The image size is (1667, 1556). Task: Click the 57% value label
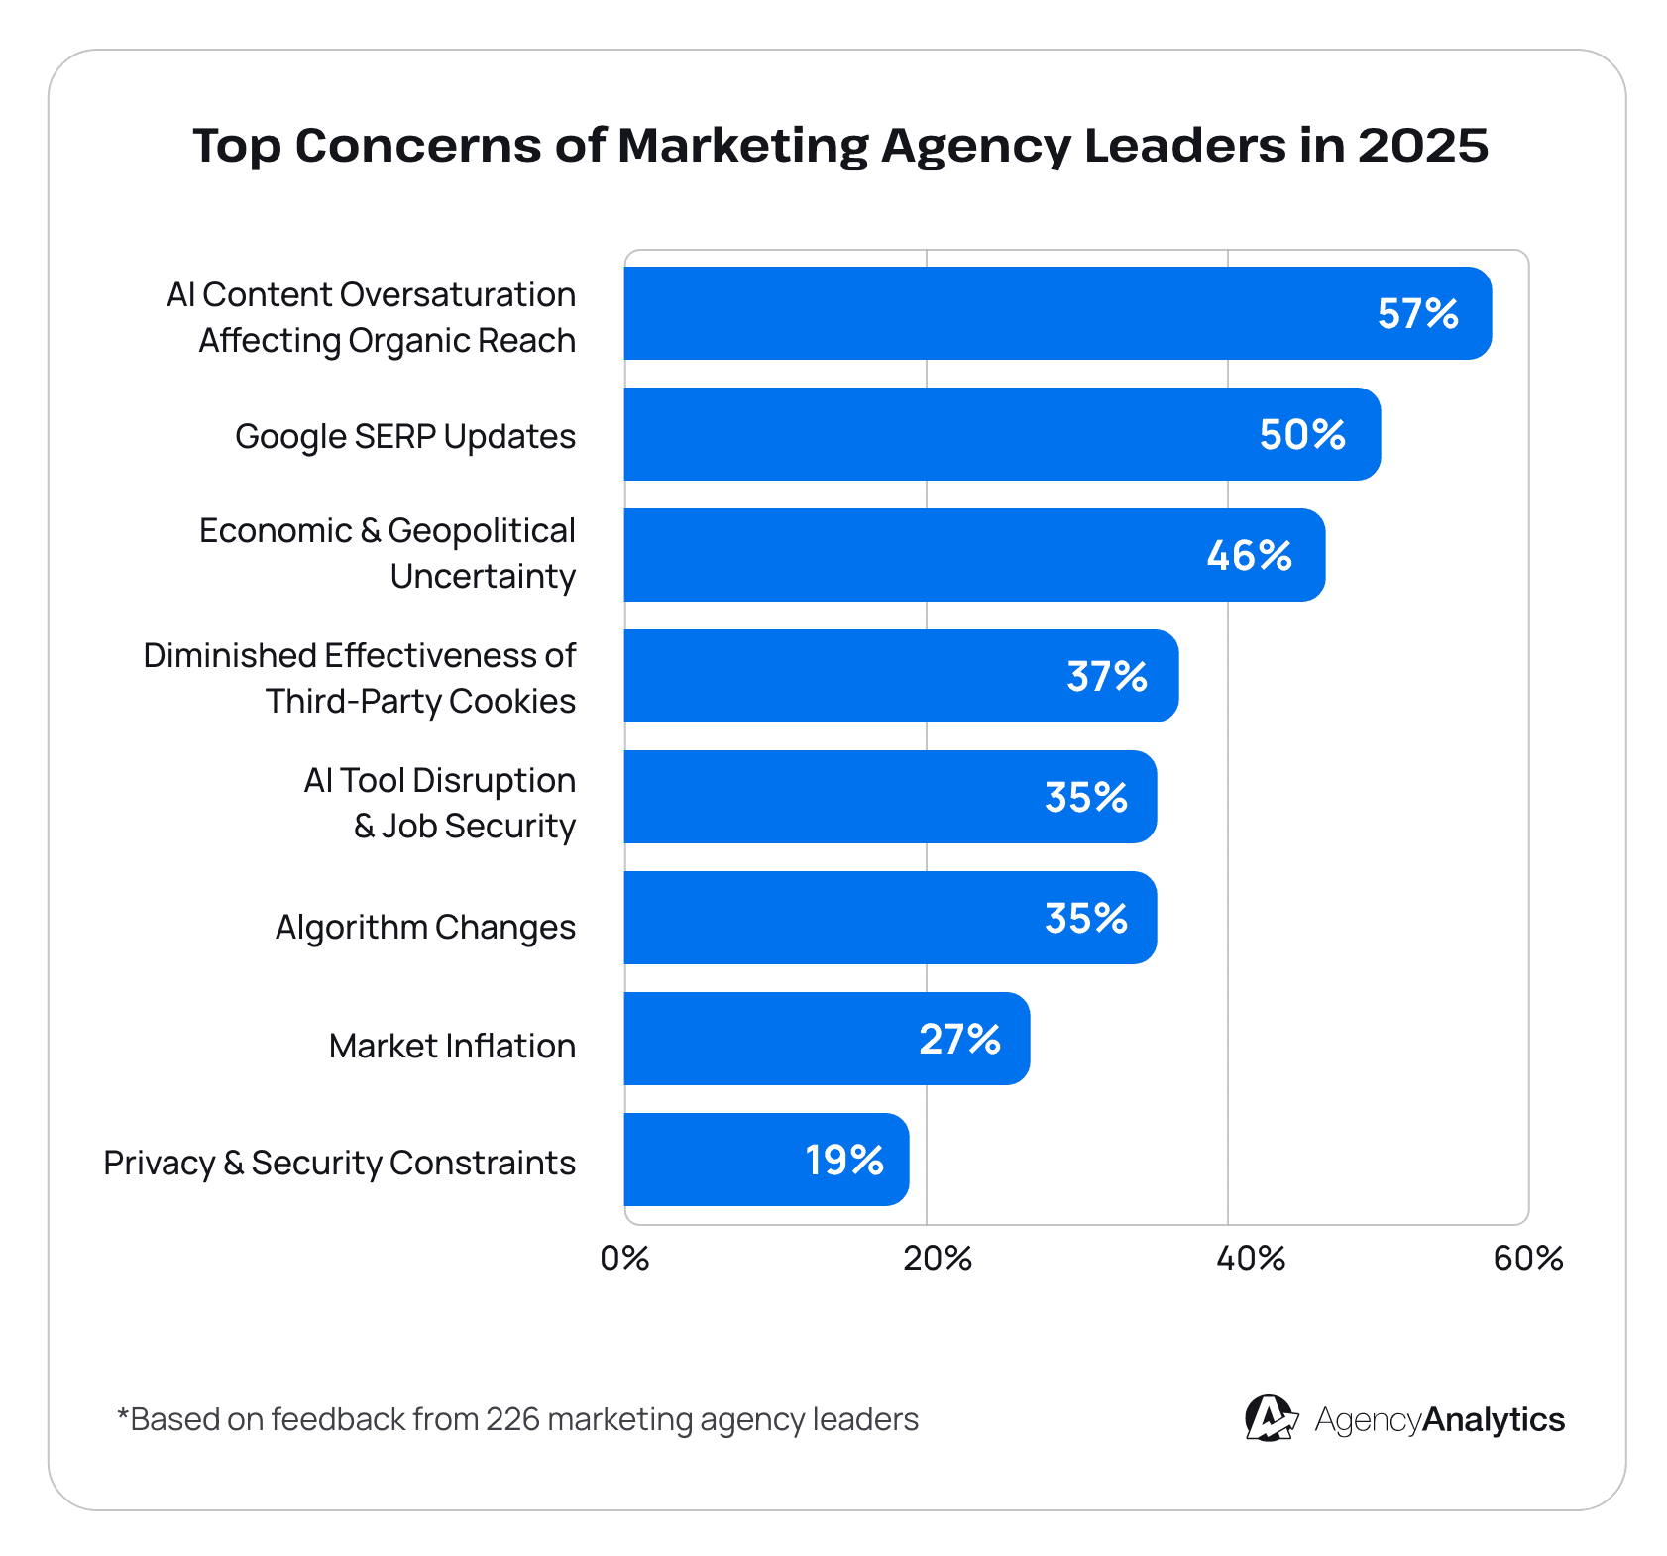click(x=1417, y=314)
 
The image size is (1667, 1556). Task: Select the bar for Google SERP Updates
click(x=1001, y=435)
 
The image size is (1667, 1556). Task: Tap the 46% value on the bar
click(x=1249, y=556)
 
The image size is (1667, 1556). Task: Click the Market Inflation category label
click(x=452, y=1046)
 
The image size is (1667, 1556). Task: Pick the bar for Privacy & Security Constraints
click(x=765, y=1160)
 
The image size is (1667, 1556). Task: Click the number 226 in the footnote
click(x=512, y=1419)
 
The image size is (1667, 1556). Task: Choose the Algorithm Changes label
click(x=425, y=927)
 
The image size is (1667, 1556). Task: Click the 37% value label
click(x=1107, y=677)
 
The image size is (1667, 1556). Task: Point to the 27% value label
click(x=959, y=1040)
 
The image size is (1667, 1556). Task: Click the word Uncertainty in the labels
click(x=483, y=576)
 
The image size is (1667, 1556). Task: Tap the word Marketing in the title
click(x=742, y=146)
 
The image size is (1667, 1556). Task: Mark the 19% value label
click(x=843, y=1161)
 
